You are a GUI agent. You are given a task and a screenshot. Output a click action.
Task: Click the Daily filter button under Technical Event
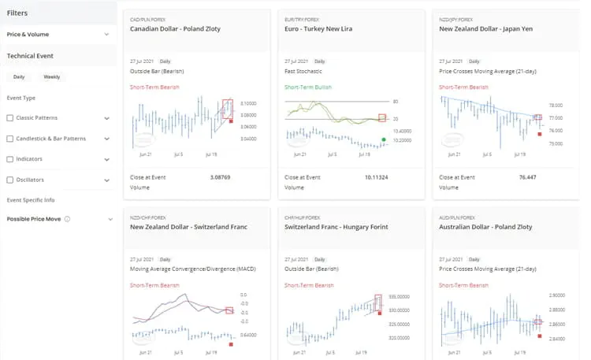(x=19, y=77)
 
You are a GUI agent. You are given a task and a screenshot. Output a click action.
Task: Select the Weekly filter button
(x=52, y=77)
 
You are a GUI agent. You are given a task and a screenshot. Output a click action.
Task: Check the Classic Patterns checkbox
(x=9, y=118)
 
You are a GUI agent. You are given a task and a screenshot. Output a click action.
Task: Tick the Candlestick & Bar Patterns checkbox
(x=9, y=139)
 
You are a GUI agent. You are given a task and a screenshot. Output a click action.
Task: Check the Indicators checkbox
(x=9, y=159)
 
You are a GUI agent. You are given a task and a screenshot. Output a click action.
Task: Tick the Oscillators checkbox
(x=9, y=180)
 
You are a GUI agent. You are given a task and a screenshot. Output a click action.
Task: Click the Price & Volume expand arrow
(x=106, y=35)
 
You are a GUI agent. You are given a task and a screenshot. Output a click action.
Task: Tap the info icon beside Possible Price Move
(x=68, y=219)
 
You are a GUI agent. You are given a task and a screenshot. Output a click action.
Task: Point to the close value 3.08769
(x=221, y=177)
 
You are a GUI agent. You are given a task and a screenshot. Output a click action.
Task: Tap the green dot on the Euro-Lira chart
(x=383, y=140)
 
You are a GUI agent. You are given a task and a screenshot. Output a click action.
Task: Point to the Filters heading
(x=17, y=13)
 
